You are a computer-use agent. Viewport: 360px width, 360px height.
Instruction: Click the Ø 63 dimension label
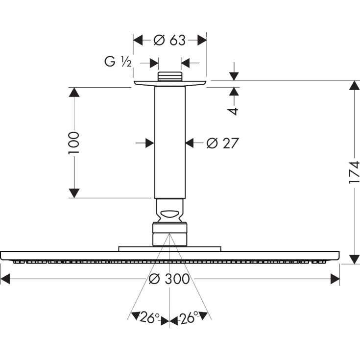[x=170, y=40]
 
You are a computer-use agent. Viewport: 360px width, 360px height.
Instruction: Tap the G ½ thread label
[x=118, y=62]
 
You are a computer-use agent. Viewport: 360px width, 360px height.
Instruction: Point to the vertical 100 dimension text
[x=73, y=143]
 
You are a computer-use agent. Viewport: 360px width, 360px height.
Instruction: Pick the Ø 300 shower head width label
[x=169, y=279]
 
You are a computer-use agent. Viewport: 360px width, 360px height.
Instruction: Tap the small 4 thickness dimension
[x=234, y=111]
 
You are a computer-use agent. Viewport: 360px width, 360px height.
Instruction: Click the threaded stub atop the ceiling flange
[x=170, y=77]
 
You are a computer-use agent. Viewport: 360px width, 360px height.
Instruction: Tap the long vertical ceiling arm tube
[x=170, y=142]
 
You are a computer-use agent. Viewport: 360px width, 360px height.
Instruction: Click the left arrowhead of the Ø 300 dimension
[x=5, y=279]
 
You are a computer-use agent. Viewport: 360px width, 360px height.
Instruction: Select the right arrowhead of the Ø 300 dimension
[x=335, y=279]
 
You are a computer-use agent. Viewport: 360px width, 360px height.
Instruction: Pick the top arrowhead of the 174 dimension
[x=354, y=86]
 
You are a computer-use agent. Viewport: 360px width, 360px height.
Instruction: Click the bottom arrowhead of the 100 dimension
[x=74, y=193]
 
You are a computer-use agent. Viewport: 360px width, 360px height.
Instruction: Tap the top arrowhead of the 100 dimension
[x=74, y=93]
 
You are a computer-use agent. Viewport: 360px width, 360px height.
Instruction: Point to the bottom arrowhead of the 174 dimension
[x=354, y=259]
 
